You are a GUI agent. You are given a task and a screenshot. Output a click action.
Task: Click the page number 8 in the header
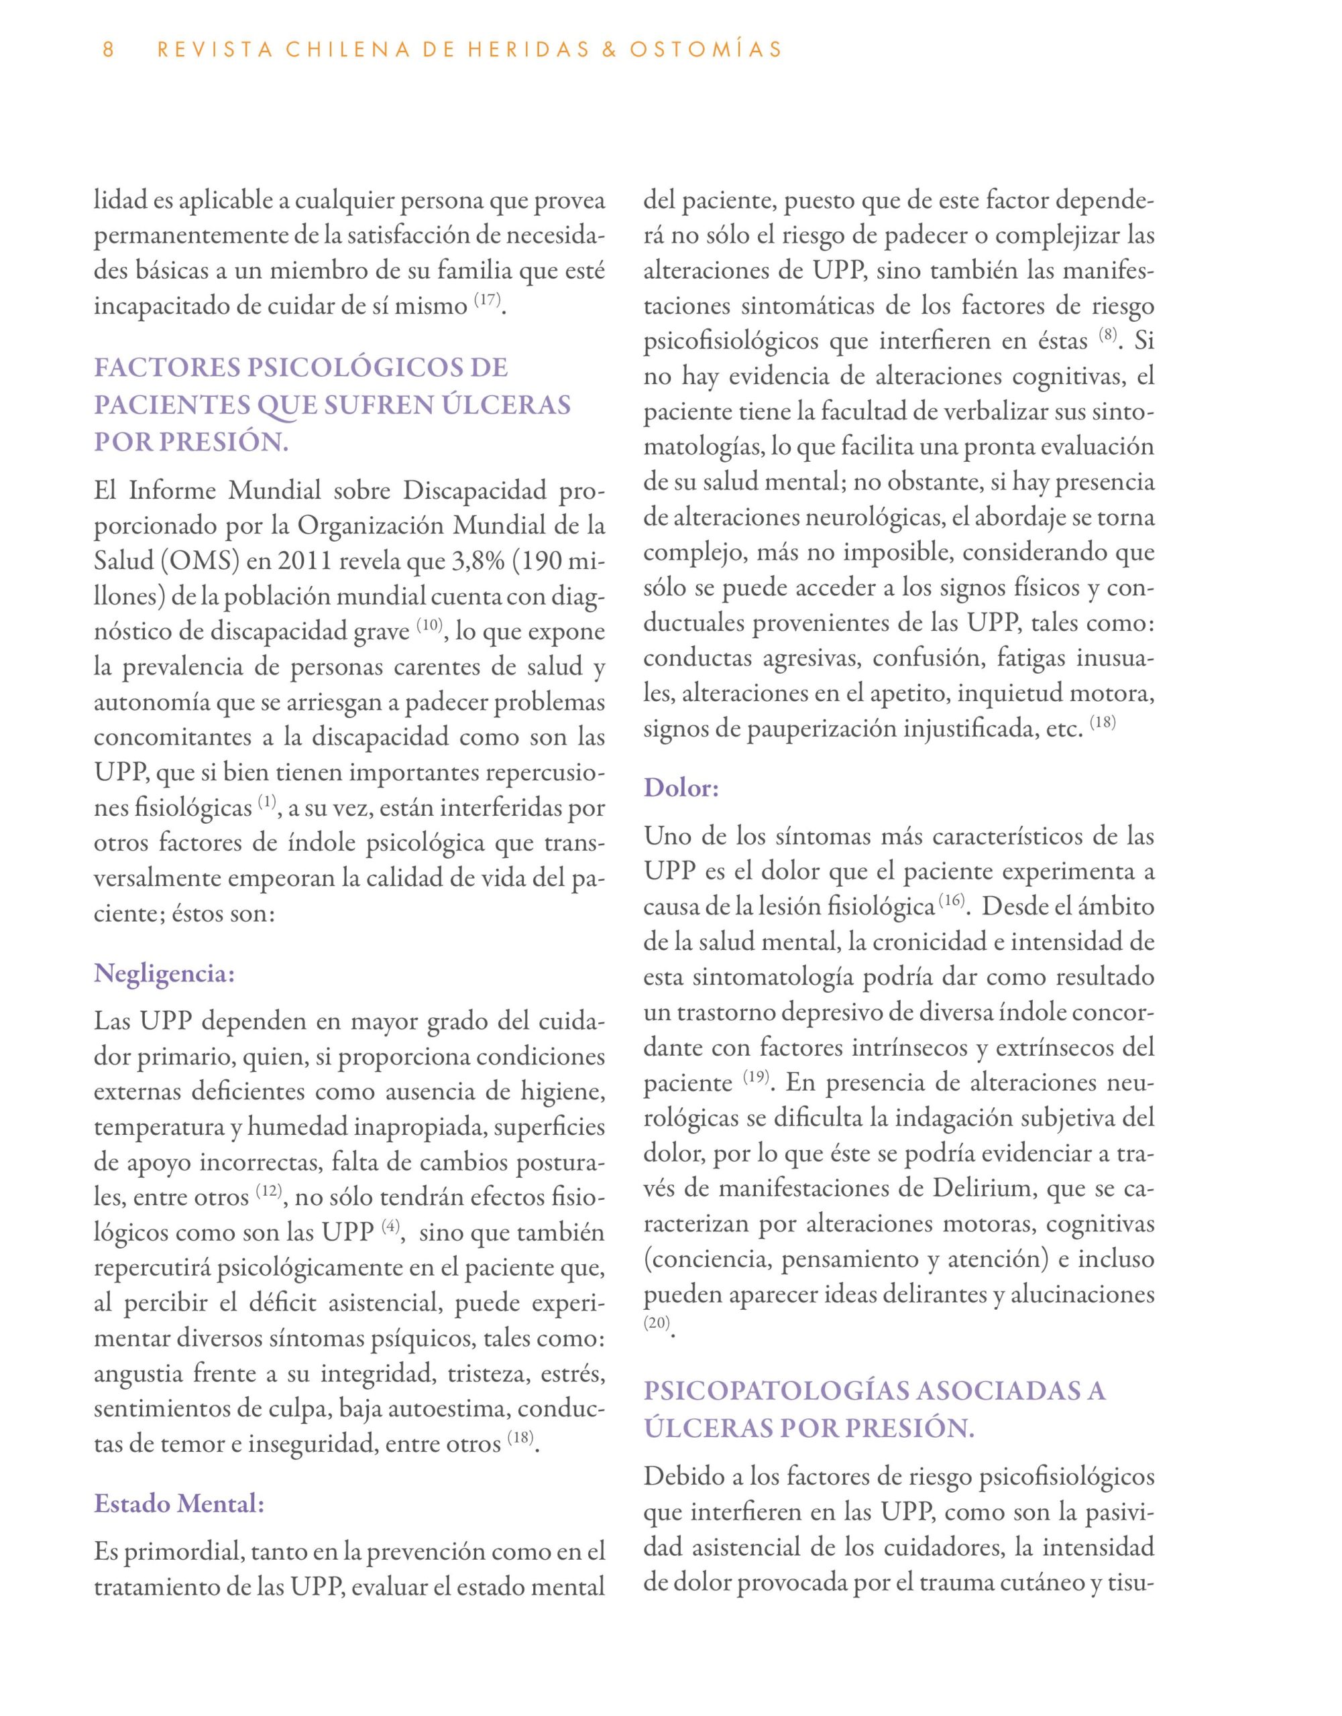(109, 50)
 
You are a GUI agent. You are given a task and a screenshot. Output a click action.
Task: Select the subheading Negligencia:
(164, 973)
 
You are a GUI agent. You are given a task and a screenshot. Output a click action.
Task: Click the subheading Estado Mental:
(179, 1503)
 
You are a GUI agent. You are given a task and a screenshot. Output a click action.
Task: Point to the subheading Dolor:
(681, 788)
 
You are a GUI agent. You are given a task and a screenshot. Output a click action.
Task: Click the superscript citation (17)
(488, 300)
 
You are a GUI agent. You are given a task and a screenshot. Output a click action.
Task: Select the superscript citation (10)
(430, 625)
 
